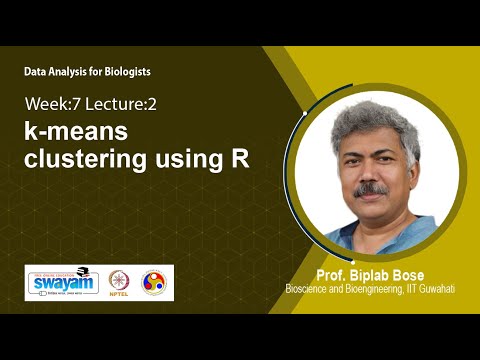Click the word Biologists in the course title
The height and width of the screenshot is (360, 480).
[124, 72]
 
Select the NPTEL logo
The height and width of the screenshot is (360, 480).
[118, 283]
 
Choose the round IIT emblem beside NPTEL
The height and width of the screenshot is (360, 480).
[154, 283]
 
